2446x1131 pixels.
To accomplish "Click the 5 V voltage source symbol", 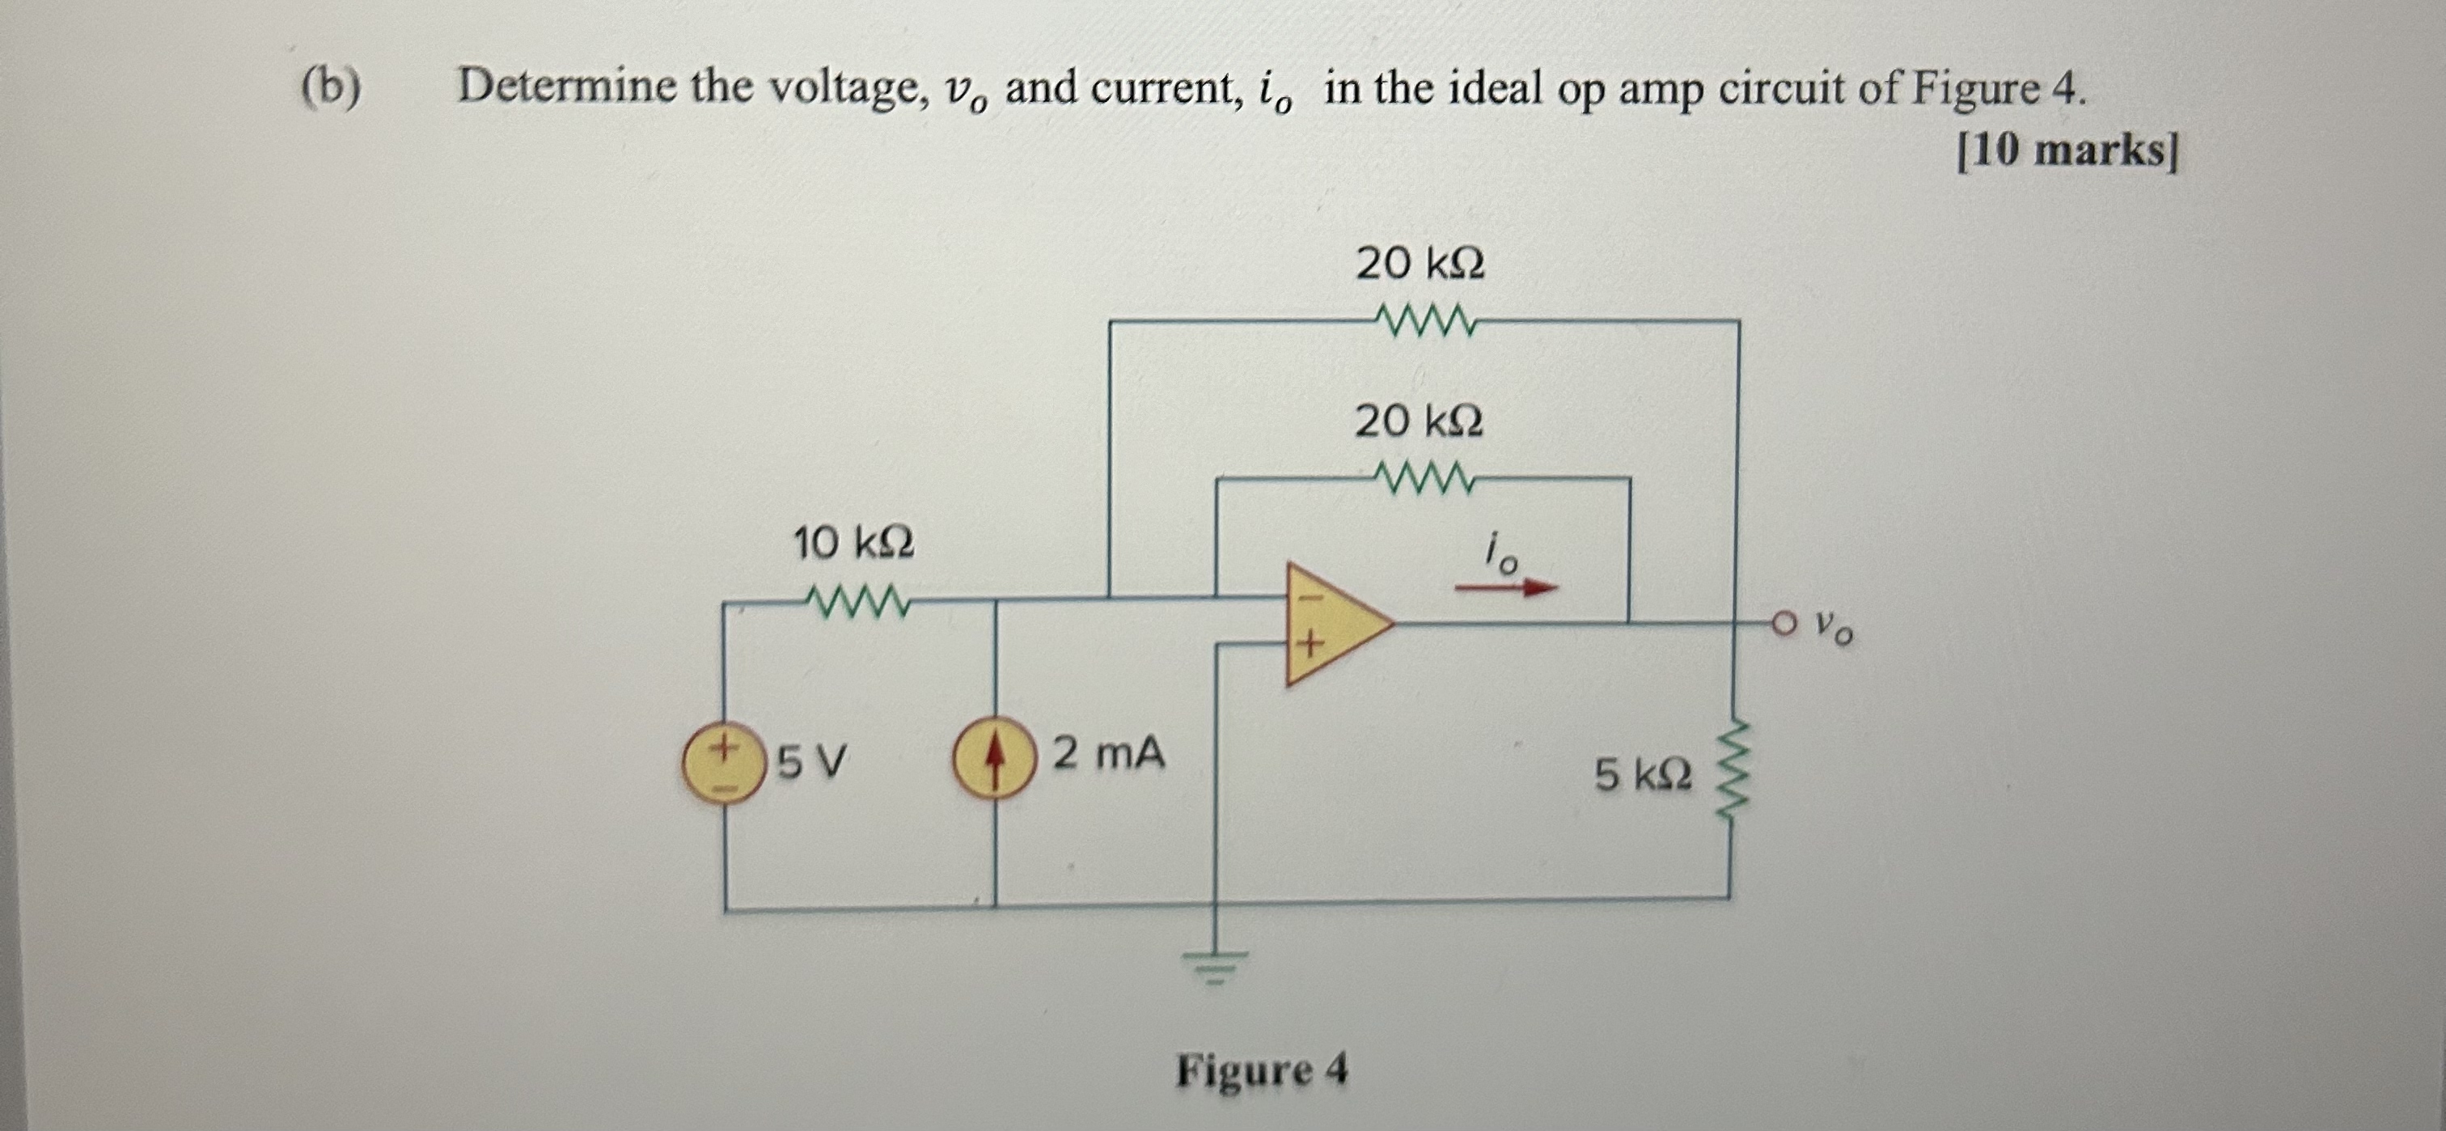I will [725, 765].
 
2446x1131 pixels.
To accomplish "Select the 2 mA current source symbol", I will [994, 765].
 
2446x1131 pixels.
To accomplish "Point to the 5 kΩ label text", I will [1642, 776].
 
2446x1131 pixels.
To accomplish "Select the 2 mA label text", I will [1107, 755].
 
